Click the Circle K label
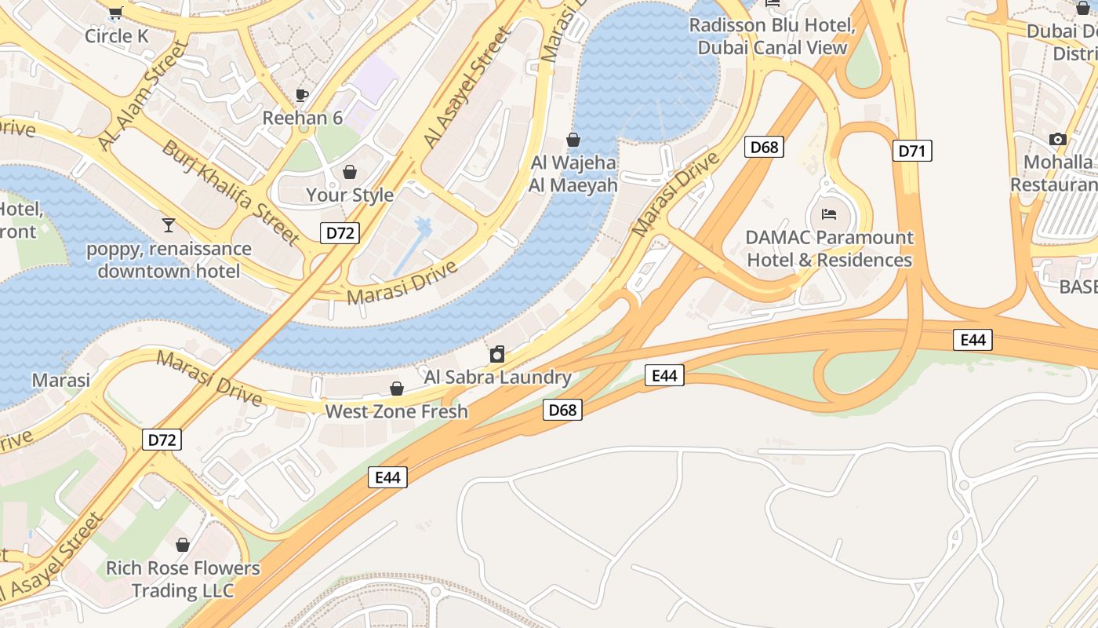click(x=116, y=36)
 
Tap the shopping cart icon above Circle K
click(x=116, y=13)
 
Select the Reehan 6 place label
click(x=303, y=118)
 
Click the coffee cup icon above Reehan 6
click(x=302, y=95)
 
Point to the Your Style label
click(x=350, y=195)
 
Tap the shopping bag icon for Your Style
click(x=350, y=171)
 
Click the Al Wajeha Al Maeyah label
click(x=573, y=174)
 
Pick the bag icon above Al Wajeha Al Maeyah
click(x=573, y=140)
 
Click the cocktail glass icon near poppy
click(x=169, y=225)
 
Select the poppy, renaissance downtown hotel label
click(x=169, y=260)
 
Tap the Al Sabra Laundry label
click(x=498, y=378)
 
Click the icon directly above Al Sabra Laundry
click(x=497, y=355)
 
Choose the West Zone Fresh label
click(x=396, y=411)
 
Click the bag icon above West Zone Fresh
click(x=397, y=389)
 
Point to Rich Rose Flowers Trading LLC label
click(x=183, y=579)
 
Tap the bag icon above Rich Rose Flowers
click(x=183, y=545)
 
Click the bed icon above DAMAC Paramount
click(x=829, y=214)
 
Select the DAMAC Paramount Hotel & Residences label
click(x=830, y=248)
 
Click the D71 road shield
click(x=912, y=151)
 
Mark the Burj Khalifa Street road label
click(x=231, y=192)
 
